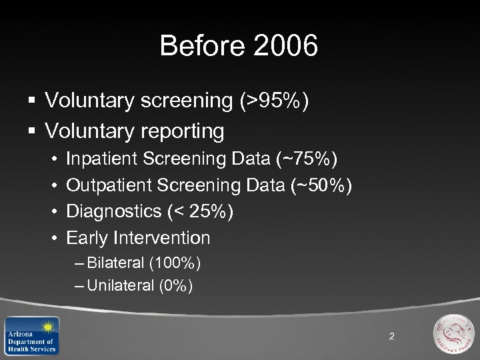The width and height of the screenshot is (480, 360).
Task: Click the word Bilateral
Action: tap(115, 263)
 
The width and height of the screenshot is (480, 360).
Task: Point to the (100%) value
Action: tap(175, 263)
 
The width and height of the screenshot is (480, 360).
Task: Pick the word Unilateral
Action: tap(120, 286)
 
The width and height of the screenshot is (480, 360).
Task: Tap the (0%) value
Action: tap(175, 286)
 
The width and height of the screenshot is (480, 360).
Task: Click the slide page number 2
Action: tap(391, 336)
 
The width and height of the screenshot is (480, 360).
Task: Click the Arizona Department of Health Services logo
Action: tap(31, 335)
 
